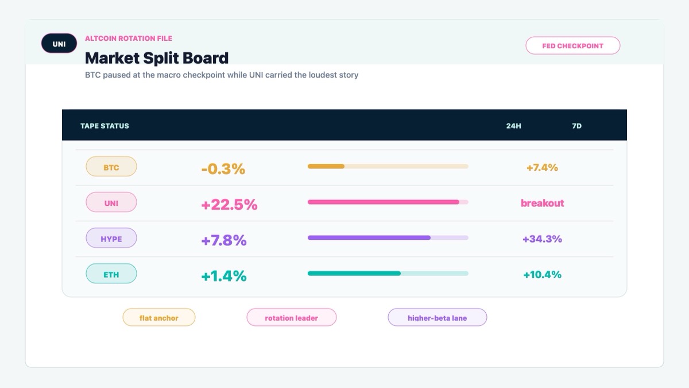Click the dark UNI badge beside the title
pyautogui.click(x=59, y=44)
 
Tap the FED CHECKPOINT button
pyautogui.click(x=573, y=45)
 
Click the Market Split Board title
pyautogui.click(x=157, y=58)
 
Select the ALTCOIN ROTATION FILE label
pyautogui.click(x=129, y=39)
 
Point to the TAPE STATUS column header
pyautogui.click(x=104, y=126)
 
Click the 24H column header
pyautogui.click(x=514, y=126)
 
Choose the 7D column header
pyautogui.click(x=576, y=126)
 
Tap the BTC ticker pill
pyautogui.click(x=111, y=167)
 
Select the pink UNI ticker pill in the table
pyautogui.click(x=111, y=202)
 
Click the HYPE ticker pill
pyautogui.click(x=111, y=238)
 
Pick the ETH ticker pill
pyautogui.click(x=111, y=274)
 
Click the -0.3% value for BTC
pyautogui.click(x=223, y=169)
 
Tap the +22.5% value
pyautogui.click(x=229, y=205)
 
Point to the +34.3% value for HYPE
pyautogui.click(x=542, y=239)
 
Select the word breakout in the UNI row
pyautogui.click(x=542, y=203)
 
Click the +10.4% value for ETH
pyautogui.click(x=542, y=275)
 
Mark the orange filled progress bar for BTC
pyautogui.click(x=326, y=167)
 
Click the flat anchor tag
pyautogui.click(x=158, y=317)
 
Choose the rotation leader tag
pyautogui.click(x=291, y=317)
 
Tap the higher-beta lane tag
pyautogui.click(x=437, y=317)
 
